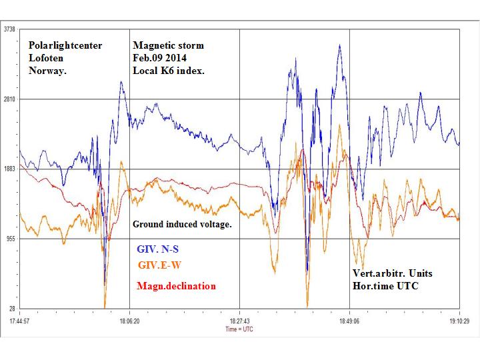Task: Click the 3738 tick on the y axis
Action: (10, 29)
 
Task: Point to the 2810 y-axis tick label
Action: (10, 99)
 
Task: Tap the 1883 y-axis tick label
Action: (10, 169)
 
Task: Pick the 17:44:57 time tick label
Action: (21, 320)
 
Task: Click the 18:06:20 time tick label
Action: (129, 320)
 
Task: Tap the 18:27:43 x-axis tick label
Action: (239, 320)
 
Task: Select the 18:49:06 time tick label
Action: (349, 320)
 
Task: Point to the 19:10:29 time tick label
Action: (459, 320)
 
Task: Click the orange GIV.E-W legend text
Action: (159, 265)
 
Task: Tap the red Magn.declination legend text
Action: (175, 286)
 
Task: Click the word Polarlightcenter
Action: (65, 46)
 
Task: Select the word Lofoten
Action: (48, 58)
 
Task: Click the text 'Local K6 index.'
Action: (167, 70)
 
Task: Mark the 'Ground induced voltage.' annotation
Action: (182, 224)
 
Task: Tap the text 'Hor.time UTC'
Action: (386, 285)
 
